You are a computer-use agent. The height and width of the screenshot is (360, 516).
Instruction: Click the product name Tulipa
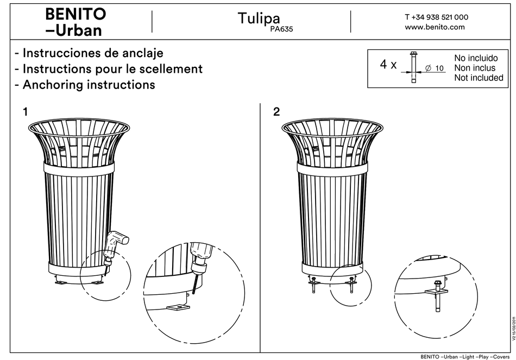tap(259, 18)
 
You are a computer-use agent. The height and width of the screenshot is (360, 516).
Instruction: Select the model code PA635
tap(281, 30)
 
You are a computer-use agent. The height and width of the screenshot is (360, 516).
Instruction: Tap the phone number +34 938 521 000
tap(436, 17)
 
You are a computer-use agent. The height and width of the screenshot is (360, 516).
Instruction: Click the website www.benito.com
tap(435, 27)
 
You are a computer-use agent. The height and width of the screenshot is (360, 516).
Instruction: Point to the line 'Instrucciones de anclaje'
tap(89, 53)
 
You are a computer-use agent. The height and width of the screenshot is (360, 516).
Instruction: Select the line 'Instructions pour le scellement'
tap(109, 69)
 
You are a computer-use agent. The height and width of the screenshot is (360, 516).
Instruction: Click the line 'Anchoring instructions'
tap(85, 85)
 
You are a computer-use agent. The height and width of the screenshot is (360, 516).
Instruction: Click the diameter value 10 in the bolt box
tap(439, 68)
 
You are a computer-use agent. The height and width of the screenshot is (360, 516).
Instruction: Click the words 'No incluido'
tap(475, 58)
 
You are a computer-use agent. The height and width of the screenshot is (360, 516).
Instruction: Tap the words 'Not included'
tap(478, 78)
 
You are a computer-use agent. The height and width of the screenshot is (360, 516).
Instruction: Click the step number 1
tap(25, 112)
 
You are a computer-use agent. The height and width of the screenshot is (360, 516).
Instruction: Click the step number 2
tap(277, 112)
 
